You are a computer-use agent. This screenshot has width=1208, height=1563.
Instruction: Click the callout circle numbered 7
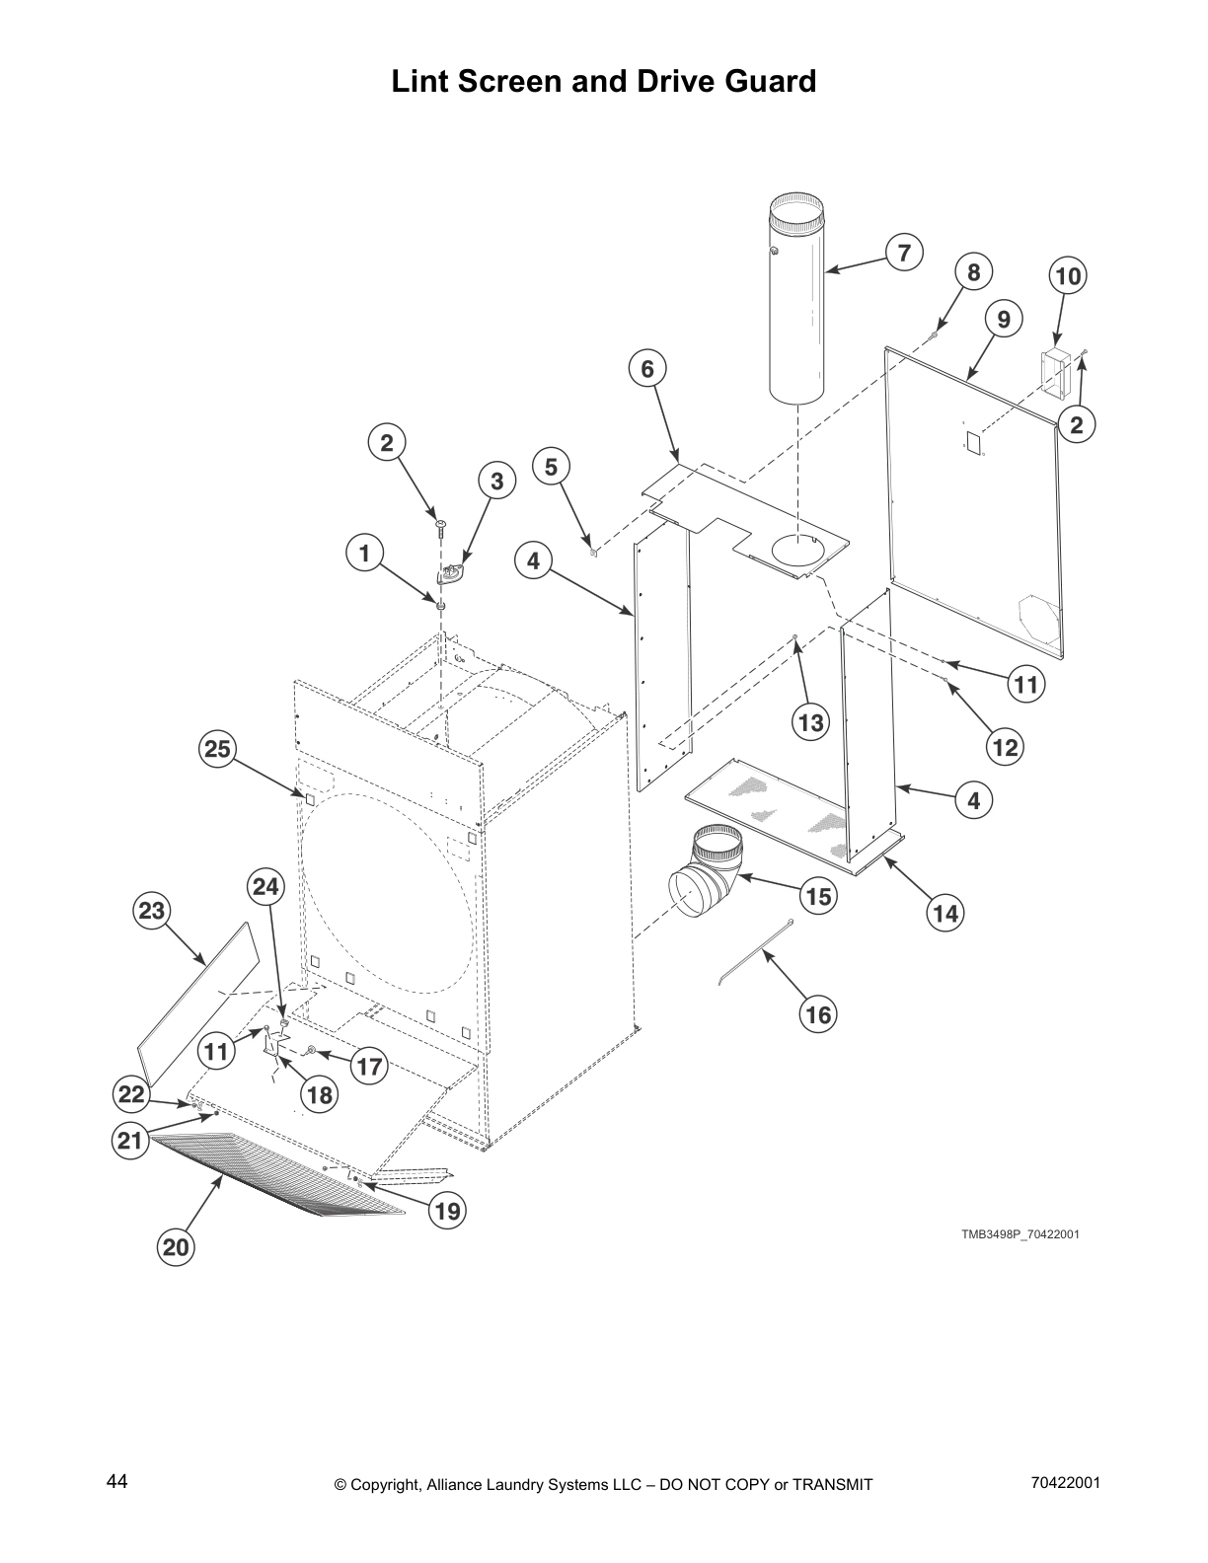904,252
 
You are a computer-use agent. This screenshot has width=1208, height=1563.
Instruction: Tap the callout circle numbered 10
1068,276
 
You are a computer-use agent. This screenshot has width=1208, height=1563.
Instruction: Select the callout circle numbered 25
217,749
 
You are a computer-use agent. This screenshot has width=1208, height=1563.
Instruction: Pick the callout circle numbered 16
817,1013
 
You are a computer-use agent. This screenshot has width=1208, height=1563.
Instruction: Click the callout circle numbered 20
176,1247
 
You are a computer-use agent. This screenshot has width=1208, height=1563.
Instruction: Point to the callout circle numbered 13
811,722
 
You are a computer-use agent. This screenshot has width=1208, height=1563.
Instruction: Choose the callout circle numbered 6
647,368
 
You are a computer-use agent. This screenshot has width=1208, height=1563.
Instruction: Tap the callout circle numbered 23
152,910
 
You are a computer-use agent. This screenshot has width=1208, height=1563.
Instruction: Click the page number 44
116,1482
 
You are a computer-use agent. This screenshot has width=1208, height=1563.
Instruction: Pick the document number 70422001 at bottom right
1064,1483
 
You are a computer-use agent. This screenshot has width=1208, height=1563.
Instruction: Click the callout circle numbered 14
945,913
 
